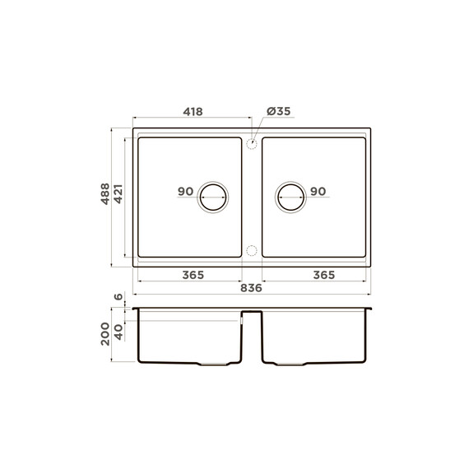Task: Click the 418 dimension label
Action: pos(193,112)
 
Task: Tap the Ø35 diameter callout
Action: pos(278,111)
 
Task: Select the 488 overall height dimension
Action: pos(105,194)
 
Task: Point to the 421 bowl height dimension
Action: pos(118,194)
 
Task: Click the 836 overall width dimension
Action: pos(251,288)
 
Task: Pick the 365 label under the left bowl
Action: pos(193,275)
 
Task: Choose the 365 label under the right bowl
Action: pos(324,275)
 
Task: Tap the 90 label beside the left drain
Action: pos(185,192)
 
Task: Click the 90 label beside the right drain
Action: pos(318,192)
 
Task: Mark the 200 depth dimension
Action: pos(105,334)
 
